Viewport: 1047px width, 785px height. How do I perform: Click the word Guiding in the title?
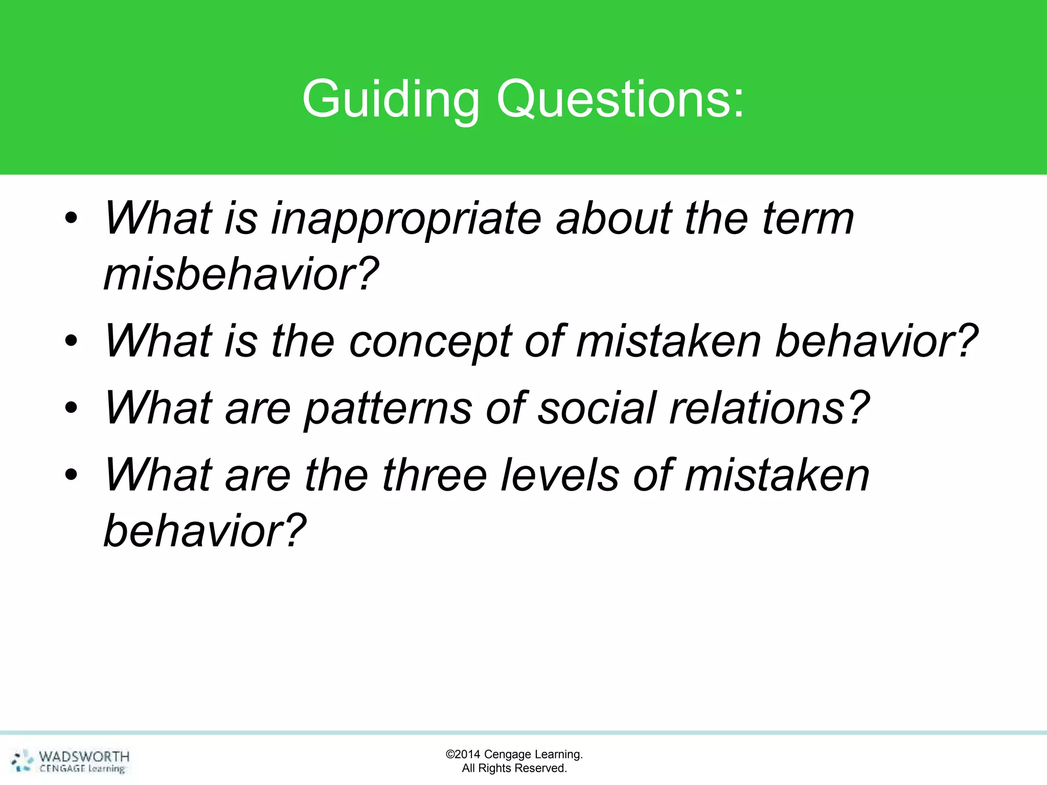click(x=391, y=99)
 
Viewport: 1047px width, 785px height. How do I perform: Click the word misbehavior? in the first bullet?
click(x=241, y=275)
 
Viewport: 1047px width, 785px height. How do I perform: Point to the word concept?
click(x=430, y=341)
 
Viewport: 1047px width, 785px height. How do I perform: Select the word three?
click(x=434, y=475)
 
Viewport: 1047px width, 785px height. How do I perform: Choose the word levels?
click(x=560, y=475)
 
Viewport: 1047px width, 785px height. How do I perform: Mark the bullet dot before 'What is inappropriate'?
click(x=71, y=219)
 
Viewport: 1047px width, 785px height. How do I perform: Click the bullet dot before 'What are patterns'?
click(x=71, y=408)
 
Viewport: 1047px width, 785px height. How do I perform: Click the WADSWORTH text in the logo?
click(x=84, y=756)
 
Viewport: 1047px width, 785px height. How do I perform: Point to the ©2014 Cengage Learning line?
click(x=514, y=754)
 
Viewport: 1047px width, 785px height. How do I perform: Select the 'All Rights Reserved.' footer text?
click(x=514, y=768)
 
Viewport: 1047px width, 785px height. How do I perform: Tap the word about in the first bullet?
click(x=613, y=219)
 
